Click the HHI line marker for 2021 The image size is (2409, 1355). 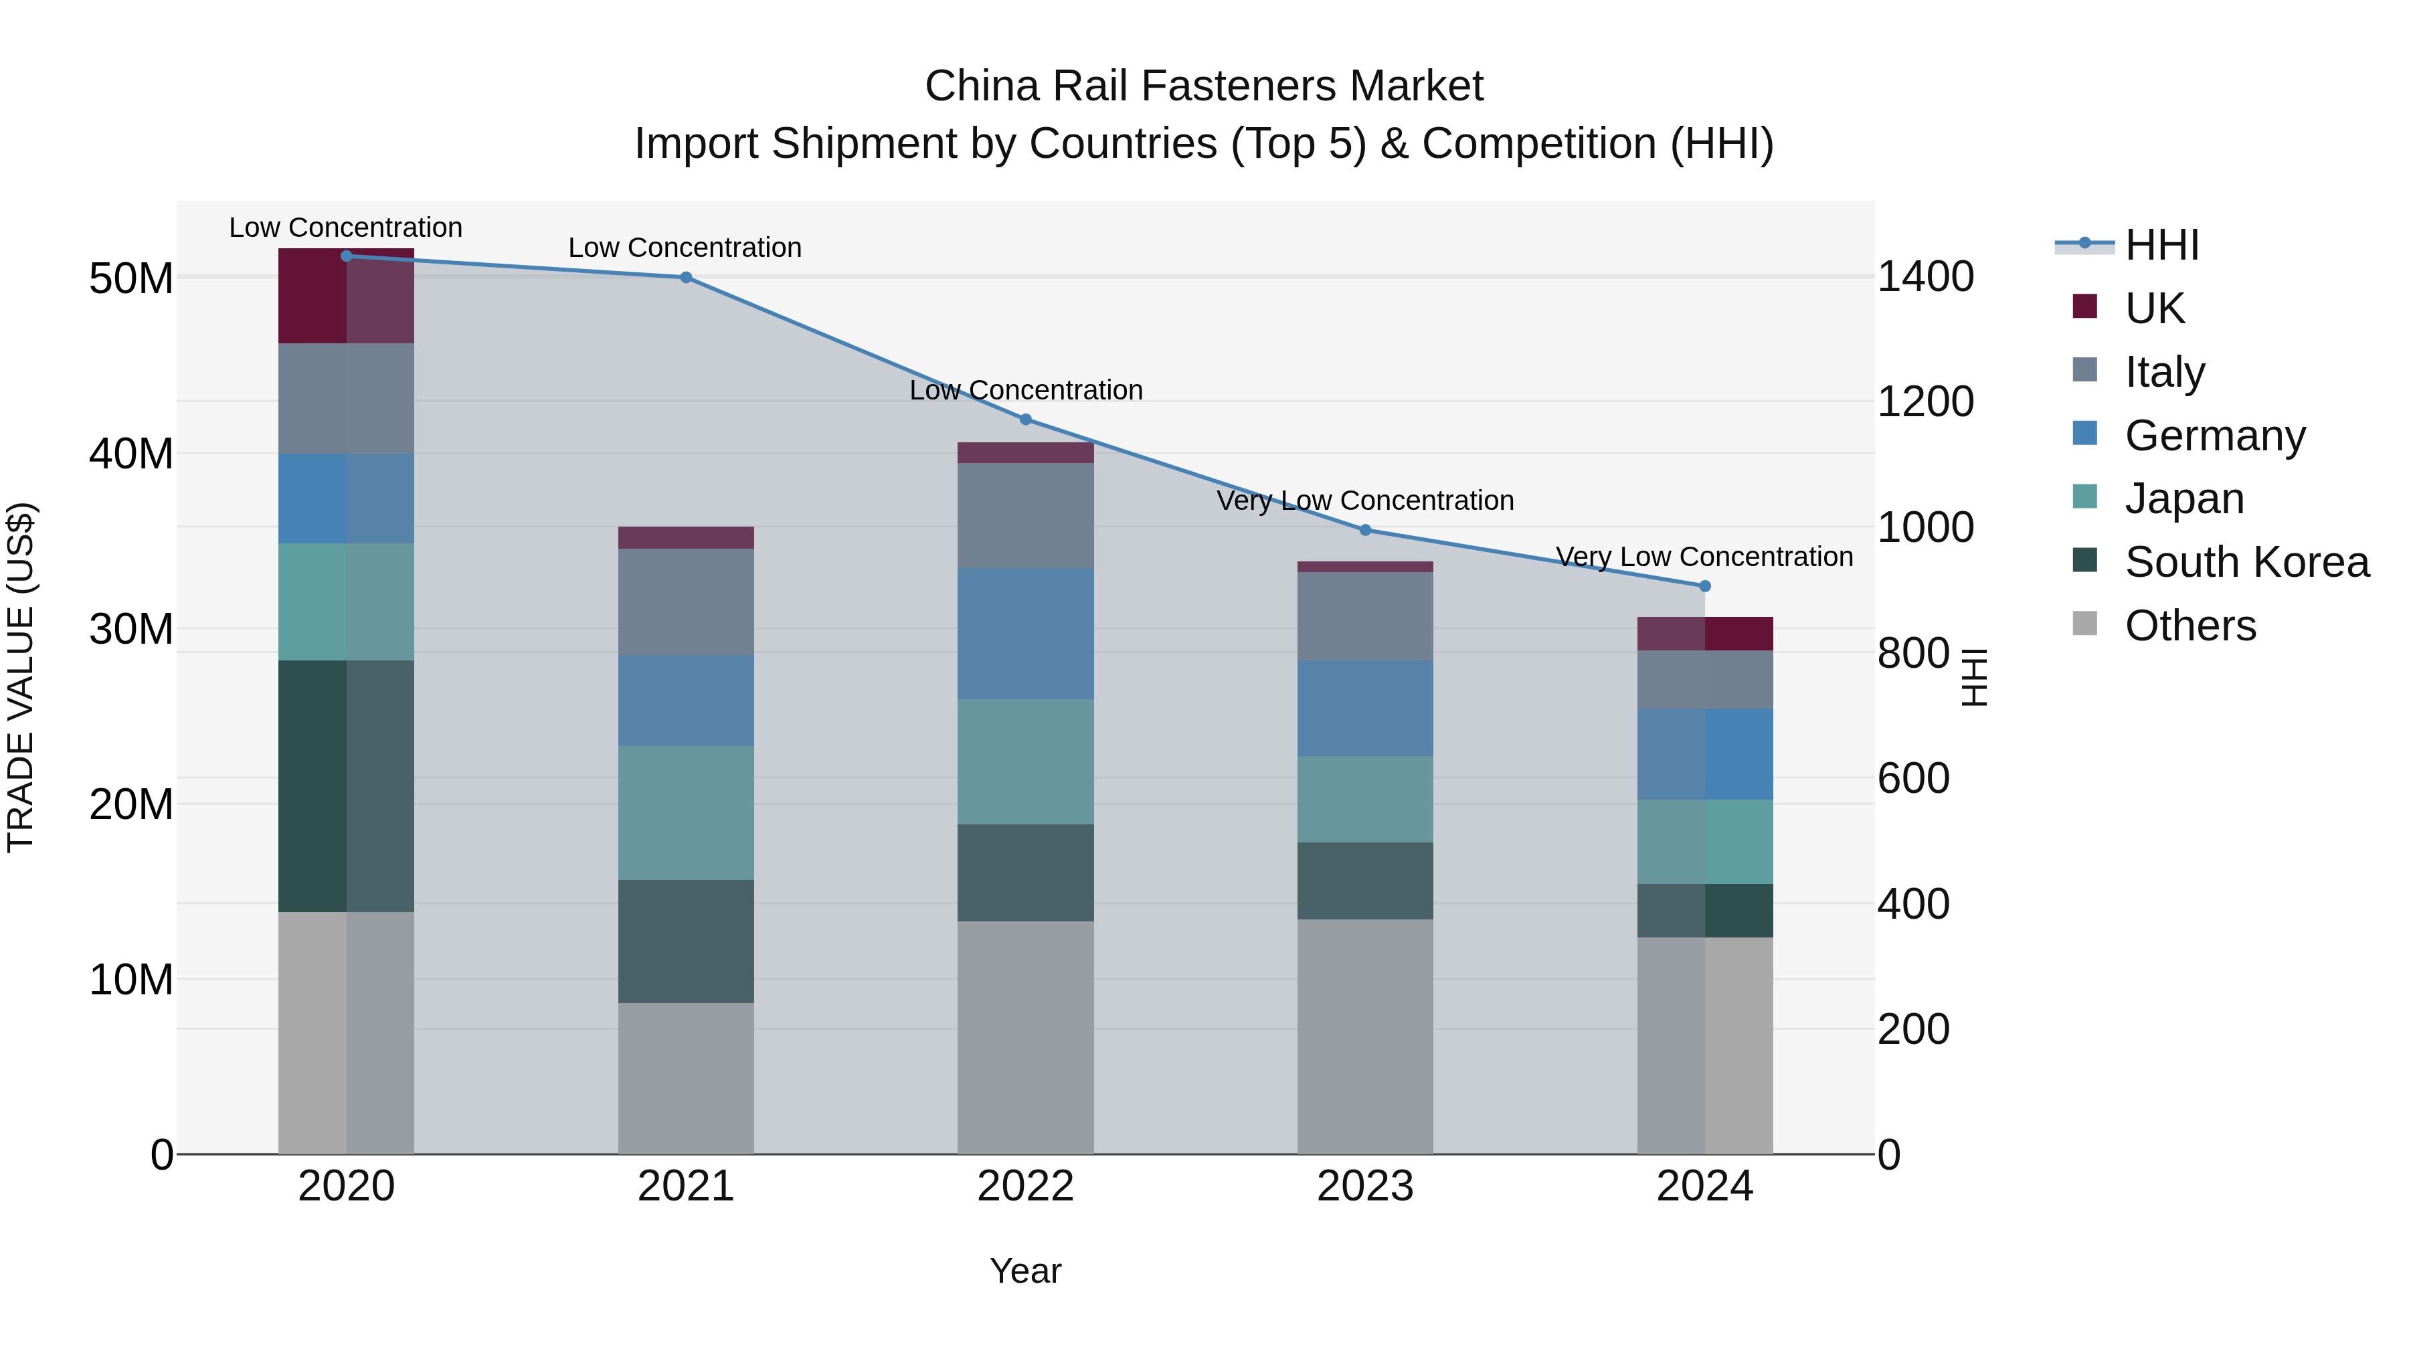click(x=685, y=278)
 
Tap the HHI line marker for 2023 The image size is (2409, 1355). click(x=1364, y=530)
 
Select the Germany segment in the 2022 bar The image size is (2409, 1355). click(x=1025, y=634)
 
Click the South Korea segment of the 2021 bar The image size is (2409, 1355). click(x=685, y=941)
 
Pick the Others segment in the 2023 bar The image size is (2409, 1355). click(x=1364, y=1036)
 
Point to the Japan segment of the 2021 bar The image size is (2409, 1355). click(x=685, y=812)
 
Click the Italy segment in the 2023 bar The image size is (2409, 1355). click(x=1364, y=616)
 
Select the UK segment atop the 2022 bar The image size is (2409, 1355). click(x=1025, y=452)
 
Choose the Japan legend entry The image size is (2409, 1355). click(x=2183, y=499)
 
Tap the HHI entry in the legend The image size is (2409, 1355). click(x=2161, y=245)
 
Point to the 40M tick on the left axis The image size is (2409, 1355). click(x=131, y=454)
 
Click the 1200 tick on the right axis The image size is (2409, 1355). click(x=1925, y=402)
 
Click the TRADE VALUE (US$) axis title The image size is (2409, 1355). click(x=21, y=677)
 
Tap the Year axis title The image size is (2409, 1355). click(x=1025, y=1271)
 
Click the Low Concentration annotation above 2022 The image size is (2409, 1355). click(x=1026, y=390)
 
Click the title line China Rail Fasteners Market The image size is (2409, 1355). click(x=1204, y=86)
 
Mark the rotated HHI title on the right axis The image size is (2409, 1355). click(x=1973, y=677)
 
